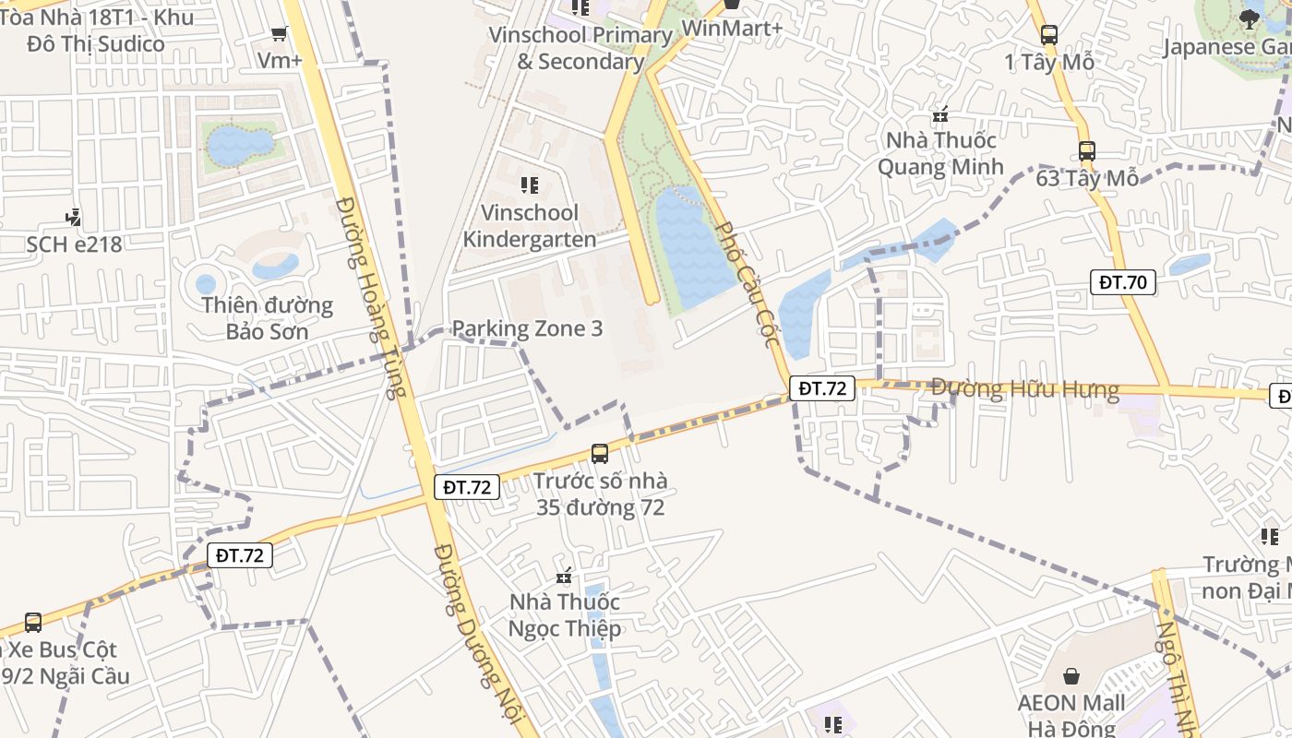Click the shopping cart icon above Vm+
tap(279, 34)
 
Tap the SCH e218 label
tap(74, 244)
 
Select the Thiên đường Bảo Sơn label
tap(268, 317)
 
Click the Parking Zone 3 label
tap(527, 328)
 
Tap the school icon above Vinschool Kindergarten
tap(530, 185)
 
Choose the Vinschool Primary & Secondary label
tap(581, 48)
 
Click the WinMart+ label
tap(732, 29)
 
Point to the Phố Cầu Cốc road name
tap(748, 284)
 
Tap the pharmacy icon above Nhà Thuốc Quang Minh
tap(940, 115)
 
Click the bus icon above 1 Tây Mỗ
tap(1049, 35)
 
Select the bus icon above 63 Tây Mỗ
tap(1087, 151)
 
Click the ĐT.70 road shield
tap(1123, 282)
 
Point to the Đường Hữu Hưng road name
tap(1024, 389)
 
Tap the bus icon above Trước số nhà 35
tap(600, 453)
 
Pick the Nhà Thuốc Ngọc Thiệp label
tap(564, 615)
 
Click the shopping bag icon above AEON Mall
tap(1071, 677)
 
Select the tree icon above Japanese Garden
tap(1250, 18)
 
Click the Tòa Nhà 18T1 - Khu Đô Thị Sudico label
tap(96, 30)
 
